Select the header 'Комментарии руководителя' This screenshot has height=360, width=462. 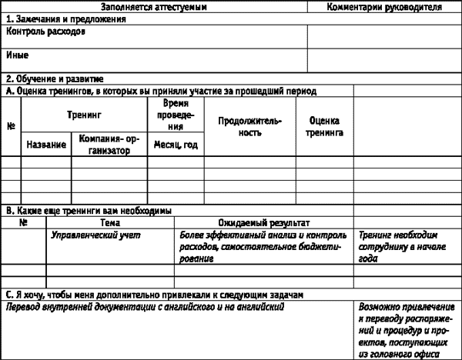coord(384,6)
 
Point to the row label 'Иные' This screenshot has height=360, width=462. coord(18,55)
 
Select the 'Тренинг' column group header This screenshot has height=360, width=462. coord(84,115)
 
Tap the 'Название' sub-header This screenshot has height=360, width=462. coord(46,145)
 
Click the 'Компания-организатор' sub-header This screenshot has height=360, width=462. coord(109,145)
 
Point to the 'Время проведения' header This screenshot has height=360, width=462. coord(176,115)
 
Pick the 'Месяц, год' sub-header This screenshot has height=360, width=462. coord(176,145)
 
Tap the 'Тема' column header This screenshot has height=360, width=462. coord(109,222)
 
